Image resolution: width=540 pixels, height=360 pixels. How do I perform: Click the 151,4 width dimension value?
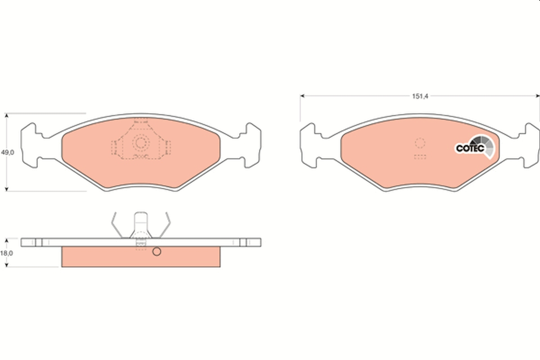point(420,96)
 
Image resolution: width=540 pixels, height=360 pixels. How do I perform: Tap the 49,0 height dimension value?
point(8,153)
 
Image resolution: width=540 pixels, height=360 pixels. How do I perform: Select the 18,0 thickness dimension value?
point(6,253)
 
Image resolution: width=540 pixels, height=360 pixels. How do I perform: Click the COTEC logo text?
point(470,148)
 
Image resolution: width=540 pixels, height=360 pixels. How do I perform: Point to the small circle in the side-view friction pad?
point(157,252)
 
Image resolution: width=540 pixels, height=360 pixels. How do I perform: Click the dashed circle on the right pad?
point(420,143)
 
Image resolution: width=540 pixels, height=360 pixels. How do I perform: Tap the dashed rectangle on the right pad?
point(420,157)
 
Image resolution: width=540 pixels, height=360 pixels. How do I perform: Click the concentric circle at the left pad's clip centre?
point(140,143)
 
